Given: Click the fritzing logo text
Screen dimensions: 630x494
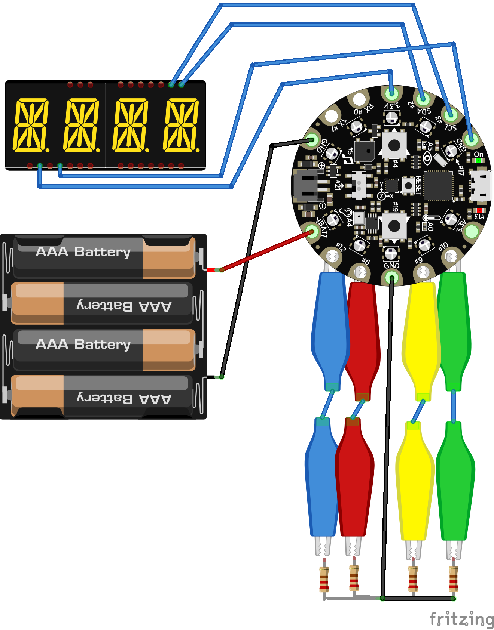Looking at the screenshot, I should point(461,619).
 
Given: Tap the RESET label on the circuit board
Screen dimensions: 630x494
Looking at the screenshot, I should point(418,185).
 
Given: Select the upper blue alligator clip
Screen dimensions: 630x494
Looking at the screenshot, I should point(329,329).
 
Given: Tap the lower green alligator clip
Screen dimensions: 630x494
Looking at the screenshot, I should point(455,482).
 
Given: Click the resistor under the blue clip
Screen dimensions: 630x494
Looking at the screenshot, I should point(324,579).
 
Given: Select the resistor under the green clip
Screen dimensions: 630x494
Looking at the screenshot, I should point(453,579).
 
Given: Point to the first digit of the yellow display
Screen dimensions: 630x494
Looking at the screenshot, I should point(31,125).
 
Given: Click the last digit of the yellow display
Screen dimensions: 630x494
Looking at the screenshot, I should point(181,125).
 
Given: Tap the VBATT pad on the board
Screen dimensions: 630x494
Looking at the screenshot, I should point(312,231).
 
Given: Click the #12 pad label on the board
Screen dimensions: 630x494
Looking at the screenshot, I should point(340,247).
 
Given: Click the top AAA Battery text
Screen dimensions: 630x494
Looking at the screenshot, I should point(83,251).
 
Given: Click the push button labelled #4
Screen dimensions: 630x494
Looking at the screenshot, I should point(394,145).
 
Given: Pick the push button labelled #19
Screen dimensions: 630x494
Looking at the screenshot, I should point(394,226).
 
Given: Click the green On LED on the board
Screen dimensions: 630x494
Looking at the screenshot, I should point(478,160).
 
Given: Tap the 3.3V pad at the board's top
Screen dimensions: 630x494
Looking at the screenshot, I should point(392,92).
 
